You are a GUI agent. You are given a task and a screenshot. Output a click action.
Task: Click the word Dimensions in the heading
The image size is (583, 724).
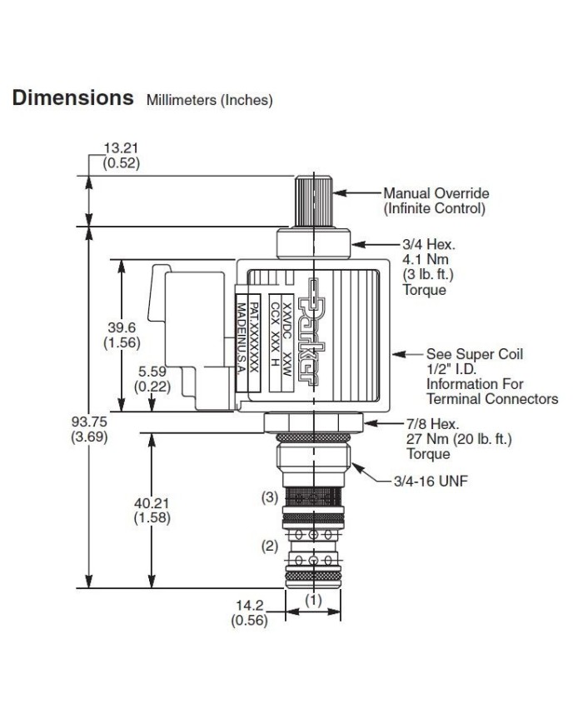[x=72, y=97]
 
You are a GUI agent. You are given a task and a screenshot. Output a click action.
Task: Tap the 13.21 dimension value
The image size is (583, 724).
[x=121, y=149]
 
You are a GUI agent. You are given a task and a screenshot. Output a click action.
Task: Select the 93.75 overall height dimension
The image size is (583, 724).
[x=87, y=420]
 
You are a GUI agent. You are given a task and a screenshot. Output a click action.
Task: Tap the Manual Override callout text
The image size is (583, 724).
[x=436, y=194]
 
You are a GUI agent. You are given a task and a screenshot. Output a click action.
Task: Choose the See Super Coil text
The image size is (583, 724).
[x=475, y=353]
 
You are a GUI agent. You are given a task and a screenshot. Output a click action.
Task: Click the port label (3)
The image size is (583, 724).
[x=269, y=497]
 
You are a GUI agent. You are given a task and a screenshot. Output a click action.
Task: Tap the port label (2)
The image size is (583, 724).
[x=269, y=547]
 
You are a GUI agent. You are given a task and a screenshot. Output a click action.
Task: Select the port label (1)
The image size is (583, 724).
[x=311, y=599]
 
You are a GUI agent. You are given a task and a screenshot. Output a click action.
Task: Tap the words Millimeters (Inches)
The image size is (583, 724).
[x=210, y=101]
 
